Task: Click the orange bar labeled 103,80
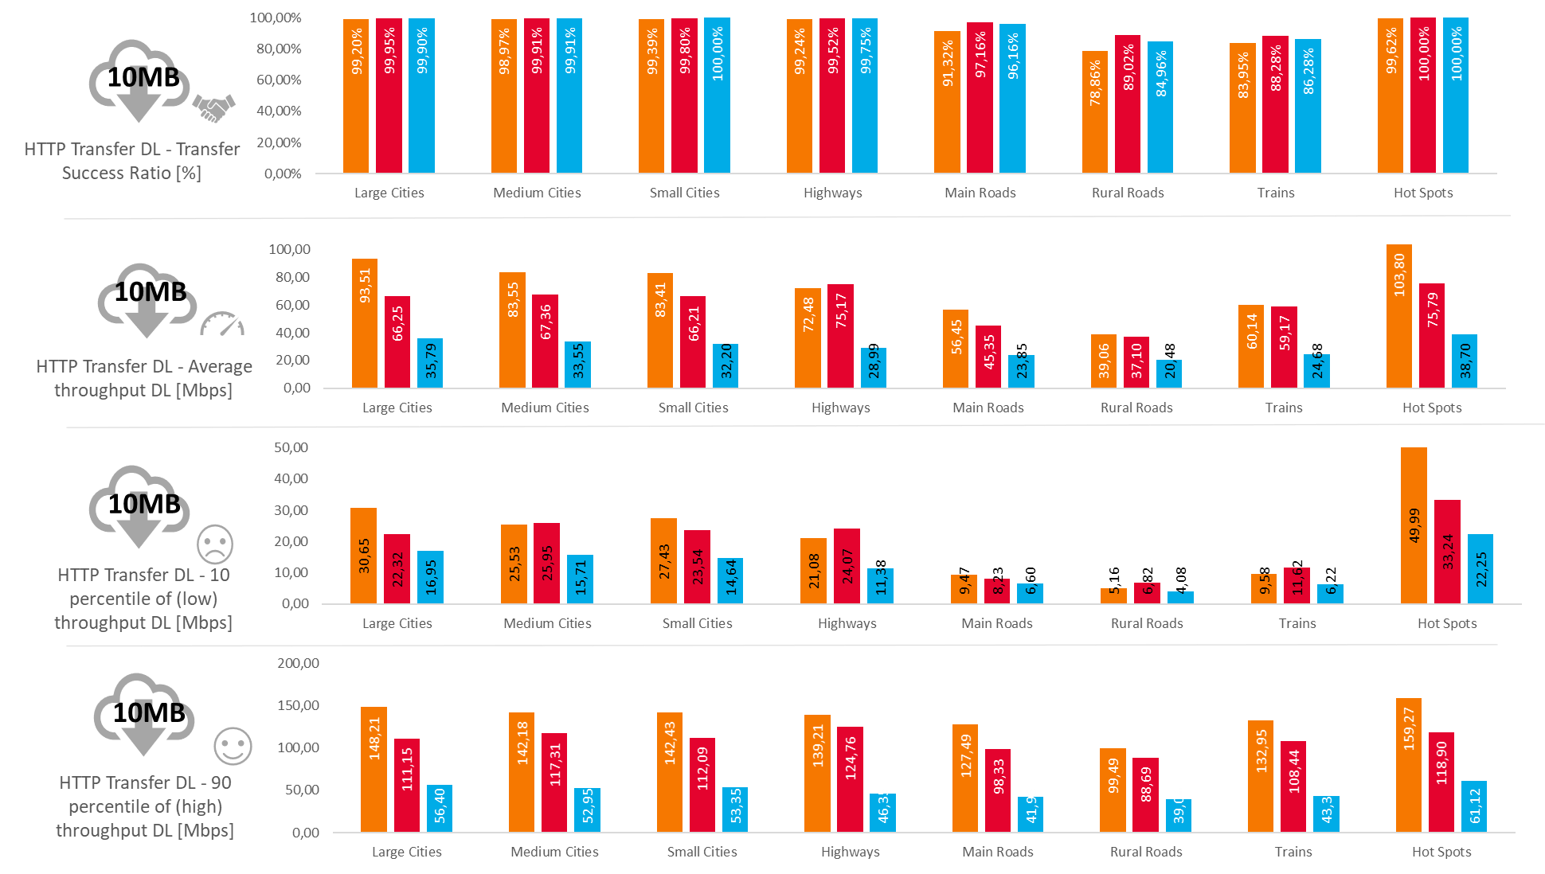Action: coord(1398,316)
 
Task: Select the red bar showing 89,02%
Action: coord(1127,104)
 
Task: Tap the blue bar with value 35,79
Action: coord(430,363)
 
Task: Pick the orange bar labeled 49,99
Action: coord(1414,525)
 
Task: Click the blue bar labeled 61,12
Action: coord(1473,806)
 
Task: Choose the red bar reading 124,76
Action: coord(850,779)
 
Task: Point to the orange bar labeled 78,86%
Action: coord(1094,112)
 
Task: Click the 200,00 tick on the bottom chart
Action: coord(298,663)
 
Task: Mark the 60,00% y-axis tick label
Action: coord(279,80)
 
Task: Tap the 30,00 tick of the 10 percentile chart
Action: coord(291,510)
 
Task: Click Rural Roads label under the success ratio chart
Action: coord(1128,193)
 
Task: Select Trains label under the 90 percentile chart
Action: coord(1293,852)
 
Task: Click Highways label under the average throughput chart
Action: coord(841,408)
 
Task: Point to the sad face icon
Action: coord(215,544)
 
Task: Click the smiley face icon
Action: coord(233,747)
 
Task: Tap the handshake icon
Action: coord(214,107)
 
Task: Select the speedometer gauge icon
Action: coord(222,324)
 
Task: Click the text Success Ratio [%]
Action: coord(131,173)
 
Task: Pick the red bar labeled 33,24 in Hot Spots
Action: coord(1447,552)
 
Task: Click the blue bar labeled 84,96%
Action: coord(1160,107)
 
